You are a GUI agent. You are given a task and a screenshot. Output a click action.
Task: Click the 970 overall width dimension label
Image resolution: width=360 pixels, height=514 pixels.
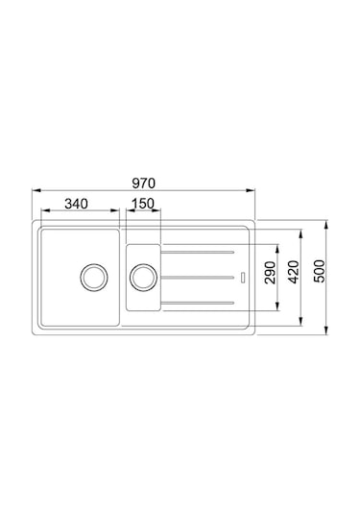pyautogui.click(x=143, y=184)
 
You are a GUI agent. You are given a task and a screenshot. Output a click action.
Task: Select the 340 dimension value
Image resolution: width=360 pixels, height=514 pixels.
pyautogui.click(x=77, y=204)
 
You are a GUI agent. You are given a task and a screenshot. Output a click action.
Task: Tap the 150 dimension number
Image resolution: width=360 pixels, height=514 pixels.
pyautogui.click(x=143, y=204)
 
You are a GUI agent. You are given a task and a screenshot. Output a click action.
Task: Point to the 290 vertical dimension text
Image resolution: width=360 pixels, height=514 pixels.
pyautogui.click(x=271, y=273)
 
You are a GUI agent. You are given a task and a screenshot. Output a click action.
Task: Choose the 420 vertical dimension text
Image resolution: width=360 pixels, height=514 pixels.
pyautogui.click(x=293, y=272)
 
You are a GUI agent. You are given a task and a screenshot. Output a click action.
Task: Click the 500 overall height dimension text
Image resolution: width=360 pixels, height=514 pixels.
pyautogui.click(x=319, y=271)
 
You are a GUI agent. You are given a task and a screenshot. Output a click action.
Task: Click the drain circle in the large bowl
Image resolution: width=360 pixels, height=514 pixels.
pyautogui.click(x=94, y=277)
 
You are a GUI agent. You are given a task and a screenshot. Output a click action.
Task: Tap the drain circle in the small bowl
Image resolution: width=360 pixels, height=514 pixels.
pyautogui.click(x=143, y=278)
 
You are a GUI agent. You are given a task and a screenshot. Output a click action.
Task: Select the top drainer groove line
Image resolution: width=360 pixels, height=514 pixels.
pyautogui.click(x=197, y=252)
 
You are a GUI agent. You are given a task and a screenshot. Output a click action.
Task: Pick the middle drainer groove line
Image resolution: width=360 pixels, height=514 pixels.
pyautogui.click(x=197, y=278)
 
